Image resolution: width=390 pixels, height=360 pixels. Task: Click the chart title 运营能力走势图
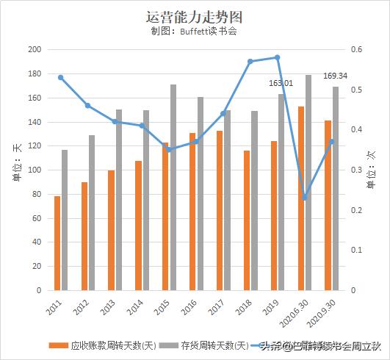(x=194, y=16)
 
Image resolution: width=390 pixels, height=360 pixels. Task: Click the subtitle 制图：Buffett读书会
(x=194, y=32)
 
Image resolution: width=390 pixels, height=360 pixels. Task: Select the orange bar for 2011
(x=57, y=242)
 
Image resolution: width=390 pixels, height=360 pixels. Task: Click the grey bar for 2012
(x=92, y=212)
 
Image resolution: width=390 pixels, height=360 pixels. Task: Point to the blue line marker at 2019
(x=277, y=57)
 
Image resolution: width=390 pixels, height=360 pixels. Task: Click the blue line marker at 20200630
(x=304, y=198)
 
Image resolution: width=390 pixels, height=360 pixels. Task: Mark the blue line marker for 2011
(x=60, y=77)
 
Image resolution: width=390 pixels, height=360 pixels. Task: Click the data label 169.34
(x=335, y=75)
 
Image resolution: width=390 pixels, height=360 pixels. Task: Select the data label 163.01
(x=281, y=84)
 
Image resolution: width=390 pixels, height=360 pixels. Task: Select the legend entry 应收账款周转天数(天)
(x=103, y=345)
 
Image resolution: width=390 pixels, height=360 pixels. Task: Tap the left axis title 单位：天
(x=17, y=157)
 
